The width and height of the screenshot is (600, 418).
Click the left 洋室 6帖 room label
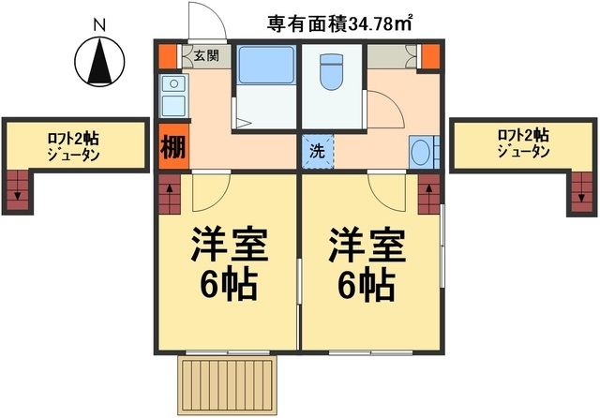coord(229,263)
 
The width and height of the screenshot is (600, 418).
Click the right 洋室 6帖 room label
coord(366,263)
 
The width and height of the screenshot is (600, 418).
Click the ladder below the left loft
coord(18,192)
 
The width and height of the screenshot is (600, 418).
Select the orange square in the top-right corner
coord(430,56)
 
